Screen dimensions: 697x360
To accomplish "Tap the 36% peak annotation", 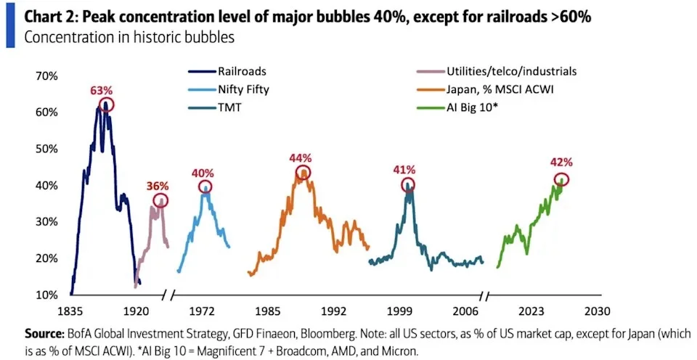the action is coord(158,186).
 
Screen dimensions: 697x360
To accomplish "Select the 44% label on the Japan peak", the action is coord(300,157).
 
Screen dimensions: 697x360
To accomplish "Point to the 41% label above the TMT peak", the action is coord(405,169).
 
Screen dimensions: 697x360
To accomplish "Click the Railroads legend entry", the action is coord(227,71).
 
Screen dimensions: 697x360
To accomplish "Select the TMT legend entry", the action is coord(214,107).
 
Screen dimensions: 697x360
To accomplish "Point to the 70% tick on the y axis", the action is coord(46,76).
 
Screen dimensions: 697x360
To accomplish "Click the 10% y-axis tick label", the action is coord(46,295).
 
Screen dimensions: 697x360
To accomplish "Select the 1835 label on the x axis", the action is coord(71,310).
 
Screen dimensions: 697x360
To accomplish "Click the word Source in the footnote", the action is coord(44,333).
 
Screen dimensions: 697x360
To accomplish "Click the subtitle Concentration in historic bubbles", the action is coord(130,38).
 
